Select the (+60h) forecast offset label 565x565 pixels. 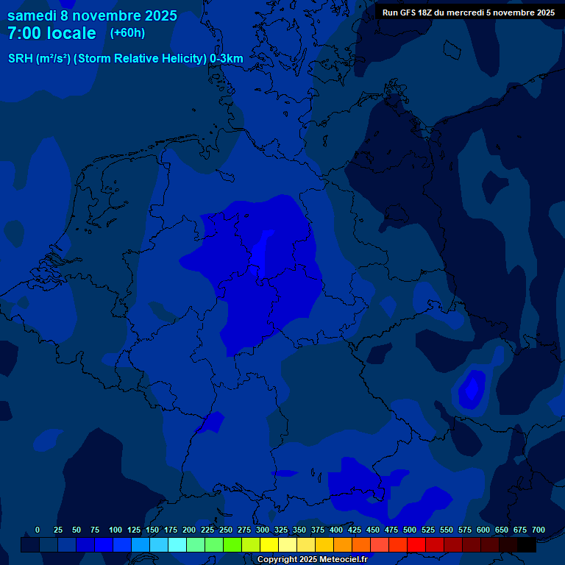tap(127, 33)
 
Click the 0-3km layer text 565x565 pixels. tap(227, 59)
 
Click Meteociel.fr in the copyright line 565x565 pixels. tap(343, 560)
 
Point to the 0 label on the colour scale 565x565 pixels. tap(38, 530)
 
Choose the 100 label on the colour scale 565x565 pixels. tap(116, 530)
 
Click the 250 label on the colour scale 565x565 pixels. tap(226, 530)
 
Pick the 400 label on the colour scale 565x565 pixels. tap(336, 530)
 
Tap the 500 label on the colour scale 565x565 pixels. tap(410, 530)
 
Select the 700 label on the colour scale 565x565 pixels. tap(539, 530)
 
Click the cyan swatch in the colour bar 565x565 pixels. tap(177, 545)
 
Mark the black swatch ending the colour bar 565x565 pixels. tap(526, 545)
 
